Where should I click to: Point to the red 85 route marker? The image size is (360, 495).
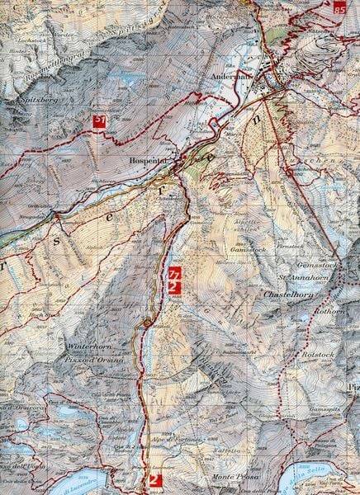click(341, 7)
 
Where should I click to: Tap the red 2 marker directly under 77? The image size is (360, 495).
click(173, 286)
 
